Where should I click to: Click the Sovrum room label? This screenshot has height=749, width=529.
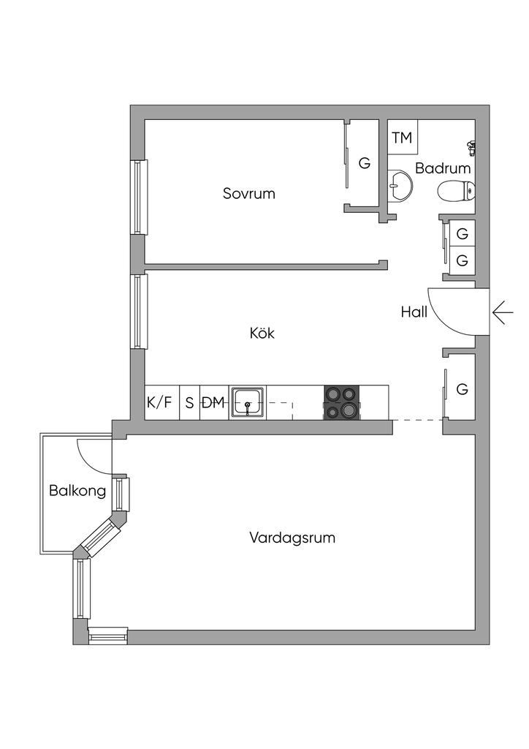click(x=249, y=194)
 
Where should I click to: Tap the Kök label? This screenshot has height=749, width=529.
click(x=262, y=333)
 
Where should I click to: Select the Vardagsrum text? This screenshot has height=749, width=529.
click(x=292, y=538)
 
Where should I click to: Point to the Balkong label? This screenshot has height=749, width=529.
click(x=77, y=490)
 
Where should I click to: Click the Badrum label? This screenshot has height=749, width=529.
click(x=443, y=168)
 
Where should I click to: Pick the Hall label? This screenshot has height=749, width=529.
click(x=414, y=312)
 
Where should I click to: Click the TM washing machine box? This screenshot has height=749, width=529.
click(x=402, y=138)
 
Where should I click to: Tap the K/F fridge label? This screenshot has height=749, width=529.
click(x=160, y=402)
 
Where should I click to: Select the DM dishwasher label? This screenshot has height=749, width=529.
click(x=213, y=402)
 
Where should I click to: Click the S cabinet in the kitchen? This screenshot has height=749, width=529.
click(x=189, y=402)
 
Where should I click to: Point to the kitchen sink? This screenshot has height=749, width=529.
click(x=248, y=402)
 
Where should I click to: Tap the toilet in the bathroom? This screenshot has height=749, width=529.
click(x=454, y=192)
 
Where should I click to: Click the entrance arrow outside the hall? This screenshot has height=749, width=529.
click(x=503, y=312)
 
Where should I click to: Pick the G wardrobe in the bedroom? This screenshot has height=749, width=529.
click(x=364, y=163)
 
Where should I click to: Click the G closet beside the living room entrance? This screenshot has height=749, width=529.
click(x=462, y=389)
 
